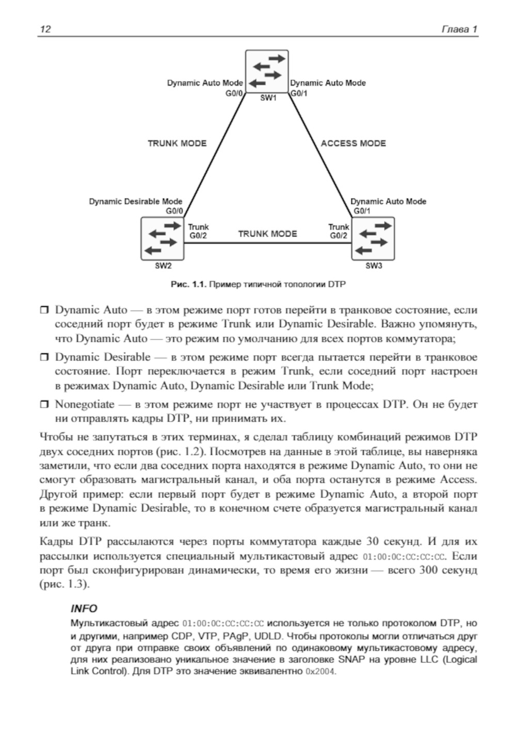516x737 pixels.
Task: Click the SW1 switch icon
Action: (x=266, y=71)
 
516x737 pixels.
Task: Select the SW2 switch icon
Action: (x=163, y=238)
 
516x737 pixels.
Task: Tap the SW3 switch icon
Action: (x=373, y=238)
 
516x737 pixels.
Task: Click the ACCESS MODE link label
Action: (x=353, y=143)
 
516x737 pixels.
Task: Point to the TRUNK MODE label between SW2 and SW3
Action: (x=267, y=234)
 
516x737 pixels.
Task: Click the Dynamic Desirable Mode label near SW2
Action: (x=135, y=202)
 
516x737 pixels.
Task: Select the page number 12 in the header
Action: (x=45, y=29)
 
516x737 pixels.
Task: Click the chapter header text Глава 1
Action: (x=459, y=29)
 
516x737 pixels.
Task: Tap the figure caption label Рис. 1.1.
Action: (x=188, y=284)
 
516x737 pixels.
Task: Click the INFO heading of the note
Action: (x=84, y=609)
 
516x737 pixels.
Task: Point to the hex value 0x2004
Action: (x=320, y=672)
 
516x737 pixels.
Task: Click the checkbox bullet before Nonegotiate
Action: (x=44, y=405)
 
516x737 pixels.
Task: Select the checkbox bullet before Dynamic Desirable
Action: (x=44, y=357)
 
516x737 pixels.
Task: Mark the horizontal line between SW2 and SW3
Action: (x=267, y=242)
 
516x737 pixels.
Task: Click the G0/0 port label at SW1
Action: (x=234, y=93)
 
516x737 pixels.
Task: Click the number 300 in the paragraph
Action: (x=429, y=570)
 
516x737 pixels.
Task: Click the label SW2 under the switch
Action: (x=163, y=266)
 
